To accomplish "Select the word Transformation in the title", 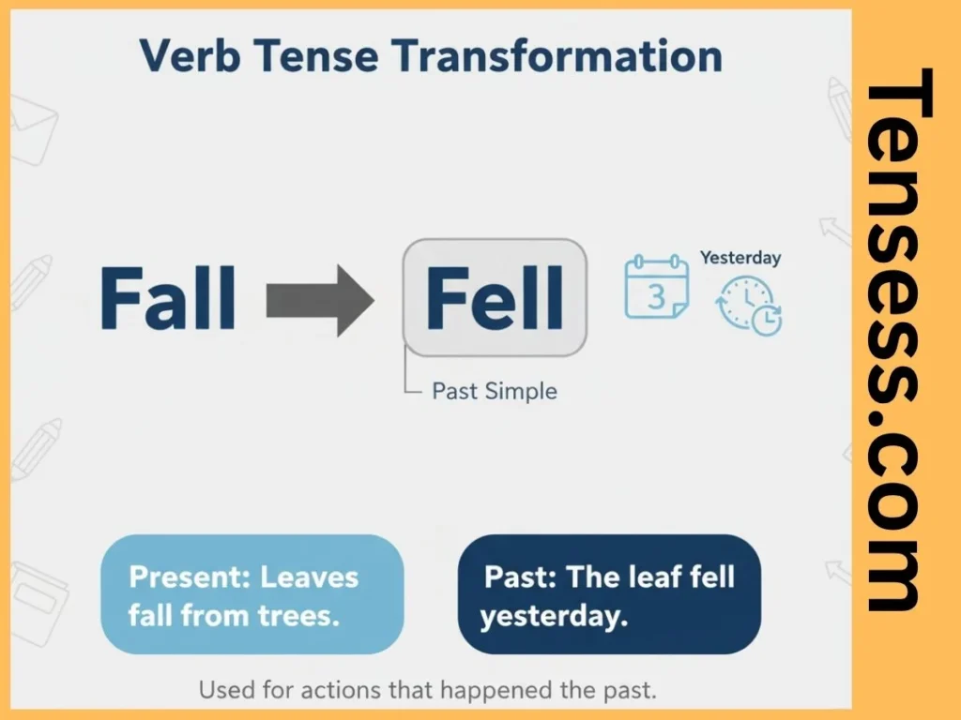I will [557, 56].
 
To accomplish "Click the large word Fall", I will [167, 299].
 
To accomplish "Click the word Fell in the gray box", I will [495, 299].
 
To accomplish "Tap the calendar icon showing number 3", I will [656, 288].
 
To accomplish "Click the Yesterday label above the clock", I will [740, 257].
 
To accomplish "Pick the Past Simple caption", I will [494, 391].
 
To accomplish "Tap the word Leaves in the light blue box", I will [309, 577].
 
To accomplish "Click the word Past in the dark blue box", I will [516, 577].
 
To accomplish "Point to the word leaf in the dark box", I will [658, 577].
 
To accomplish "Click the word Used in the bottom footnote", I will [227, 691].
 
